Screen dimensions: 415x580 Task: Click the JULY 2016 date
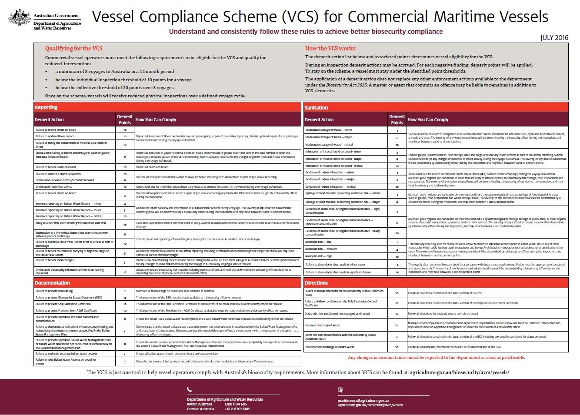(x=554, y=38)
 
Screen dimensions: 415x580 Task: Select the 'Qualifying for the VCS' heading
(x=73, y=49)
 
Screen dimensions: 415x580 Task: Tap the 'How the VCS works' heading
(x=330, y=49)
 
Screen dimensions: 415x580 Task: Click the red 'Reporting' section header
(x=46, y=107)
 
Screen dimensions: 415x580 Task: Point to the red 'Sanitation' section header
(x=316, y=107)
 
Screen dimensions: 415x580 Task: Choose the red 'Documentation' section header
(x=52, y=283)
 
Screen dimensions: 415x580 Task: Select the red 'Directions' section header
(x=316, y=283)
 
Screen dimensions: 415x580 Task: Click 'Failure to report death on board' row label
(x=56, y=167)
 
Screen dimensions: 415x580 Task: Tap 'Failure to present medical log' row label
(x=54, y=291)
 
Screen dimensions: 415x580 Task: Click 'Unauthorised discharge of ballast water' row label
(x=330, y=347)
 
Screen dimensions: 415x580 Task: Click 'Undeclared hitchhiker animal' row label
(x=54, y=186)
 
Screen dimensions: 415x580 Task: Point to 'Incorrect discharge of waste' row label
(x=322, y=325)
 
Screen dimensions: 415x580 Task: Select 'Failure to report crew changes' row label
(x=55, y=260)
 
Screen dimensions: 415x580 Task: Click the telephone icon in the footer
(x=189, y=389)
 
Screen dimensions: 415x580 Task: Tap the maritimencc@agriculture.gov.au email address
(x=363, y=400)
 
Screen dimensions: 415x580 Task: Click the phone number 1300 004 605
(x=236, y=404)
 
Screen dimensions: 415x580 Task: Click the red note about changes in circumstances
(x=436, y=358)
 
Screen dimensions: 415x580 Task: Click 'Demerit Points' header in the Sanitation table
(x=397, y=120)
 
